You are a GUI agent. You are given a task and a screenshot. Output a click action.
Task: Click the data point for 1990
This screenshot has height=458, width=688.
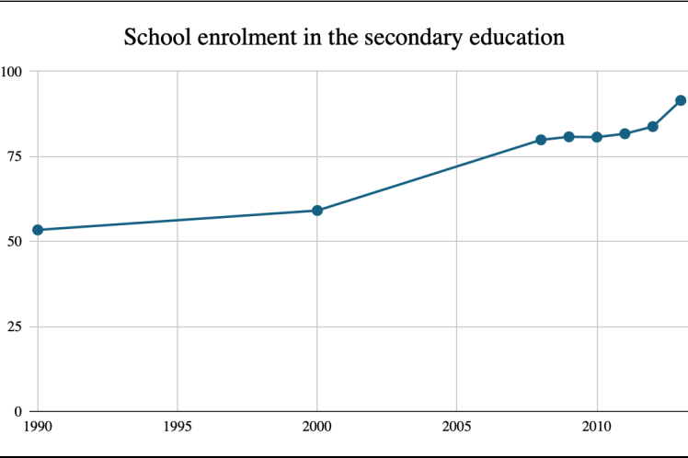(x=38, y=230)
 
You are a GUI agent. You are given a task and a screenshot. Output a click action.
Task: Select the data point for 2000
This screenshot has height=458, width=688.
(x=317, y=211)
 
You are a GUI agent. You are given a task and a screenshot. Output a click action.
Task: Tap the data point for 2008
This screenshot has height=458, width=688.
(x=541, y=140)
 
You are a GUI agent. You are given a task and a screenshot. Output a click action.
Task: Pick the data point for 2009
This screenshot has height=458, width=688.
(x=568, y=137)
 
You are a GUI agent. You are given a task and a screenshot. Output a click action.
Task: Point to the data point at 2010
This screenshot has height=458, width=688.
(x=597, y=137)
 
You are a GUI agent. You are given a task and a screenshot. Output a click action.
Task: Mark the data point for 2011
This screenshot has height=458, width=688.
(x=625, y=133)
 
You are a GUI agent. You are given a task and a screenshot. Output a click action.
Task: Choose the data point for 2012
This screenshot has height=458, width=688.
(x=653, y=126)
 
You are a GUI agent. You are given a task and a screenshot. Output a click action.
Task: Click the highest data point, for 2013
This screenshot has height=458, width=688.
(x=681, y=100)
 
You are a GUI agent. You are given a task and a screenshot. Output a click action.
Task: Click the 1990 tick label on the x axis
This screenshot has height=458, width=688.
(x=38, y=426)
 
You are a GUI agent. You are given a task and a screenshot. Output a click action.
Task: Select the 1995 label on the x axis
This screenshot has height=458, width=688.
(x=178, y=426)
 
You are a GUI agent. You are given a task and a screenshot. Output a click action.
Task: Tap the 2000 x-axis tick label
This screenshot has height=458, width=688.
(x=317, y=426)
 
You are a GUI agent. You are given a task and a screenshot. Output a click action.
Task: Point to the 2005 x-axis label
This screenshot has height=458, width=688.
(x=457, y=426)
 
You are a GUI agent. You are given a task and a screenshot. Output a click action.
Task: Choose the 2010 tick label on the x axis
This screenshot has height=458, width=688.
(x=597, y=426)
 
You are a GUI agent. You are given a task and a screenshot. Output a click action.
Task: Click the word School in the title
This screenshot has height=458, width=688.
(x=153, y=39)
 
